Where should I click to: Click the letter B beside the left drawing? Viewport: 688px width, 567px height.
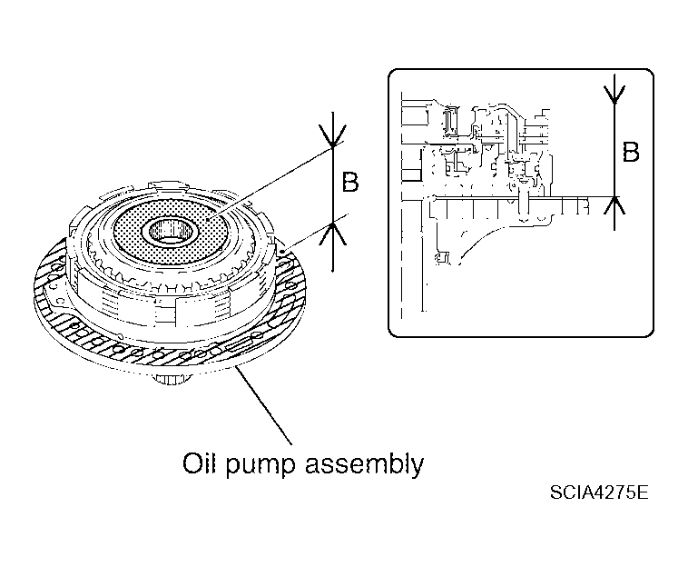click(350, 182)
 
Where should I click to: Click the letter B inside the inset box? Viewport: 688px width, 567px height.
click(631, 152)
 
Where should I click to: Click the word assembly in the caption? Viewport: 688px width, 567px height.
click(365, 465)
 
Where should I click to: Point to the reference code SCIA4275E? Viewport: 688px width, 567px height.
click(599, 492)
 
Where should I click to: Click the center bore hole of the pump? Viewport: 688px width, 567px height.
click(170, 231)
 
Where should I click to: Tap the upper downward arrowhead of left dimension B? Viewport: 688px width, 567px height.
click(332, 135)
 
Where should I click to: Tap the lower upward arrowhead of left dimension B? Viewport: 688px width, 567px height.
click(332, 234)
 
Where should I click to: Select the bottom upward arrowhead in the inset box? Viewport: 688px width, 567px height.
click(614, 205)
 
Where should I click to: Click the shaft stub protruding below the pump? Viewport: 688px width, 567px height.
click(172, 378)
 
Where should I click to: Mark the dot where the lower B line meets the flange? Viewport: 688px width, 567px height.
click(281, 252)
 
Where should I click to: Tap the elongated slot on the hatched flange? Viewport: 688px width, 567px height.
click(240, 345)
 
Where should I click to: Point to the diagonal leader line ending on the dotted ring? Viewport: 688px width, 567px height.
click(270, 183)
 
